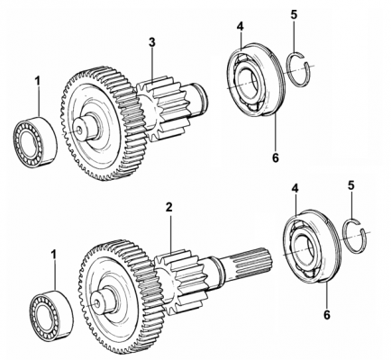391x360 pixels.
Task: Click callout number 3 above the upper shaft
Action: [152, 42]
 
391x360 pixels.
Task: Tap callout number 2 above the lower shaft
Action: [169, 207]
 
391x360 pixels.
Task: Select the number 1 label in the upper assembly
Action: [38, 81]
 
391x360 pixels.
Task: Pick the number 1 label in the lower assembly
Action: [54, 255]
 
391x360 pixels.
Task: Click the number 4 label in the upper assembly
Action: [240, 26]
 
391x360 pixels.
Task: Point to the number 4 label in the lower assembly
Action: [296, 189]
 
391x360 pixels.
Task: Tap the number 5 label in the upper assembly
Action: [294, 14]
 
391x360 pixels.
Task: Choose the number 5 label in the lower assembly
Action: [351, 185]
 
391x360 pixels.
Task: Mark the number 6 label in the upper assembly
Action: [276, 157]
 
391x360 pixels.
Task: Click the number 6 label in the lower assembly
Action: [327, 315]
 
